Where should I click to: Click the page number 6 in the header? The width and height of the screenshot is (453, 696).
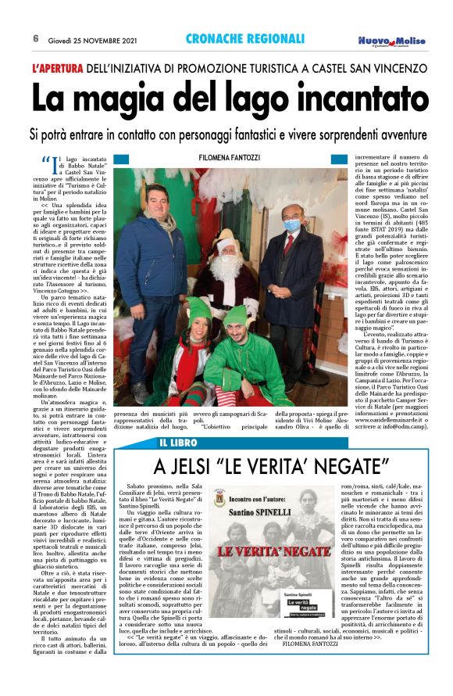36,38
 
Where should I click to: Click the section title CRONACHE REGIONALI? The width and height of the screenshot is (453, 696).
245,38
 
